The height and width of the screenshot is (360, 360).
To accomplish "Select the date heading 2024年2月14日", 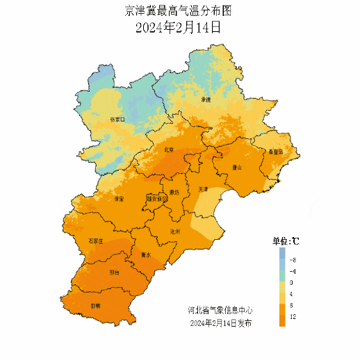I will (179, 28).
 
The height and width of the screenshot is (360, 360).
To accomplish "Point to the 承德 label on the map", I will (206, 99).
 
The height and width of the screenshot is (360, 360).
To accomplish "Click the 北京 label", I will (169, 149).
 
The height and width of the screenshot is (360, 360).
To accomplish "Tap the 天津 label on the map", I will (203, 188).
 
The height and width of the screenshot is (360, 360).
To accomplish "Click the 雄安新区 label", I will (156, 199).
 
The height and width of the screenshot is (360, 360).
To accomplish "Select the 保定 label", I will (118, 199).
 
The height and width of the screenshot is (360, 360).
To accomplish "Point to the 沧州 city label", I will (174, 231).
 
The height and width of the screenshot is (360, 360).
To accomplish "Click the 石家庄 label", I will (95, 240).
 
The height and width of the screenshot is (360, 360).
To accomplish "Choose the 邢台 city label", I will (114, 273).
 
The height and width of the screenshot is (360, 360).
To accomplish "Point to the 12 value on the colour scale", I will (293, 317).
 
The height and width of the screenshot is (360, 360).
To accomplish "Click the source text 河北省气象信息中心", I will (220, 310).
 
